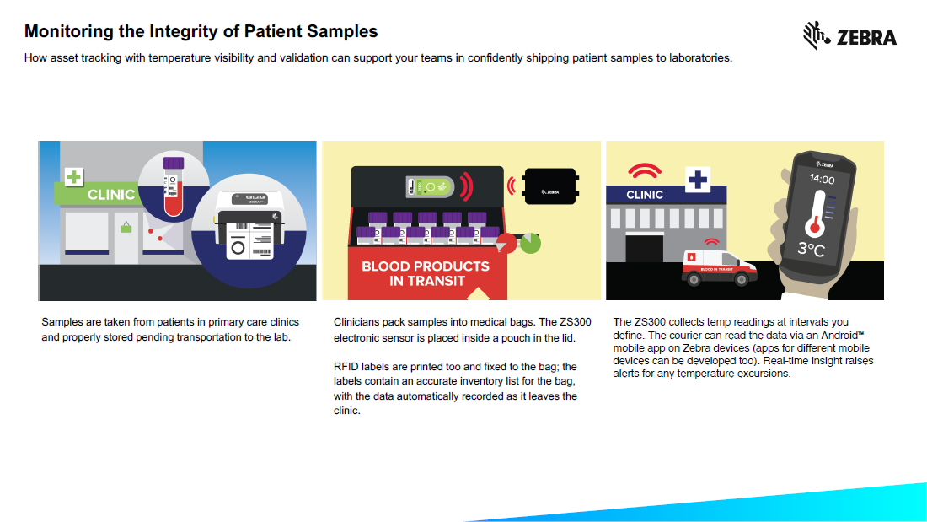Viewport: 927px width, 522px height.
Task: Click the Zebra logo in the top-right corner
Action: (849, 36)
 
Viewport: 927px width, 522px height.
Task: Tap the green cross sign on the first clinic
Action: (75, 176)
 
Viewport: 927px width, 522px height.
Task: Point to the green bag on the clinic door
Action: (126, 226)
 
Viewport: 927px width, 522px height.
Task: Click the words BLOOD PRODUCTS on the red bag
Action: (426, 266)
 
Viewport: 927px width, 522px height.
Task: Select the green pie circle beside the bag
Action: (530, 243)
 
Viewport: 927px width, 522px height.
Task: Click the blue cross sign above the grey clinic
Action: (699, 180)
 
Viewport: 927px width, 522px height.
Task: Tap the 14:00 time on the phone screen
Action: (822, 180)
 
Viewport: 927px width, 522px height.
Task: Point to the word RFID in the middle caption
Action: (348, 366)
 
